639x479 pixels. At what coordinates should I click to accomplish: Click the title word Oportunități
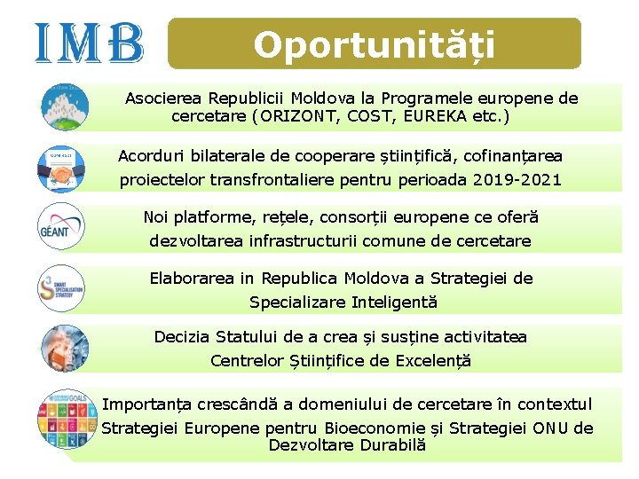374,44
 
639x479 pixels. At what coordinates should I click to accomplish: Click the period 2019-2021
518,180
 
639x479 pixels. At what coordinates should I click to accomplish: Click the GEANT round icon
62,225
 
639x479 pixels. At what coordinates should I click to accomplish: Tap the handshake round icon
62,167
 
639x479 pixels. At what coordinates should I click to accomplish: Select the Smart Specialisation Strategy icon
62,288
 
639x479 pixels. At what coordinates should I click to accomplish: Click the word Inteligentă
394,302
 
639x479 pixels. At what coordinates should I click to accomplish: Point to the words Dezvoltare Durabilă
347,445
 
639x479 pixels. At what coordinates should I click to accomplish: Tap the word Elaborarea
192,279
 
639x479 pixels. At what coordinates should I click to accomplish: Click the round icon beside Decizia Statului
62,348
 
